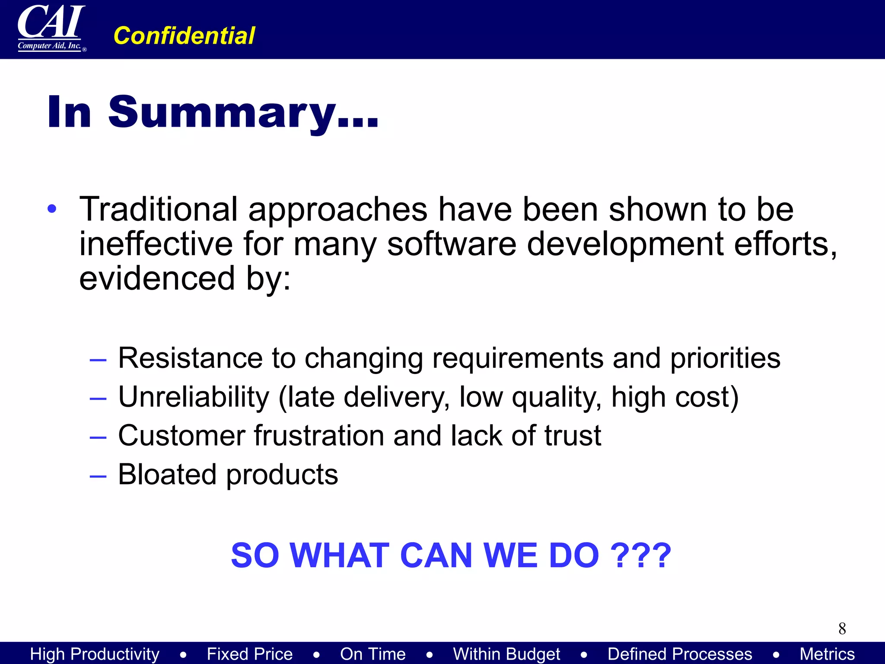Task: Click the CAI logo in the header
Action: coord(51,28)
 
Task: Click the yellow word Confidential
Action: coord(184,36)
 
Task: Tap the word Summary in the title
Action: coord(222,112)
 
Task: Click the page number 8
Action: coord(842,629)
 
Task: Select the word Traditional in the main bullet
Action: coord(158,210)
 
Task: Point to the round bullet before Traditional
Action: coord(52,209)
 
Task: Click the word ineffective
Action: coord(156,244)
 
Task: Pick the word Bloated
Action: coord(167,474)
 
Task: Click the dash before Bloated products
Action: coord(98,476)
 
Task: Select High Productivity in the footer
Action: coord(95,654)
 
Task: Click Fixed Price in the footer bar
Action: coord(249,654)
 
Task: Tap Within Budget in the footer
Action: coord(506,654)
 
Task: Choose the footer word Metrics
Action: coord(827,654)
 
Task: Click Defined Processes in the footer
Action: coord(680,654)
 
